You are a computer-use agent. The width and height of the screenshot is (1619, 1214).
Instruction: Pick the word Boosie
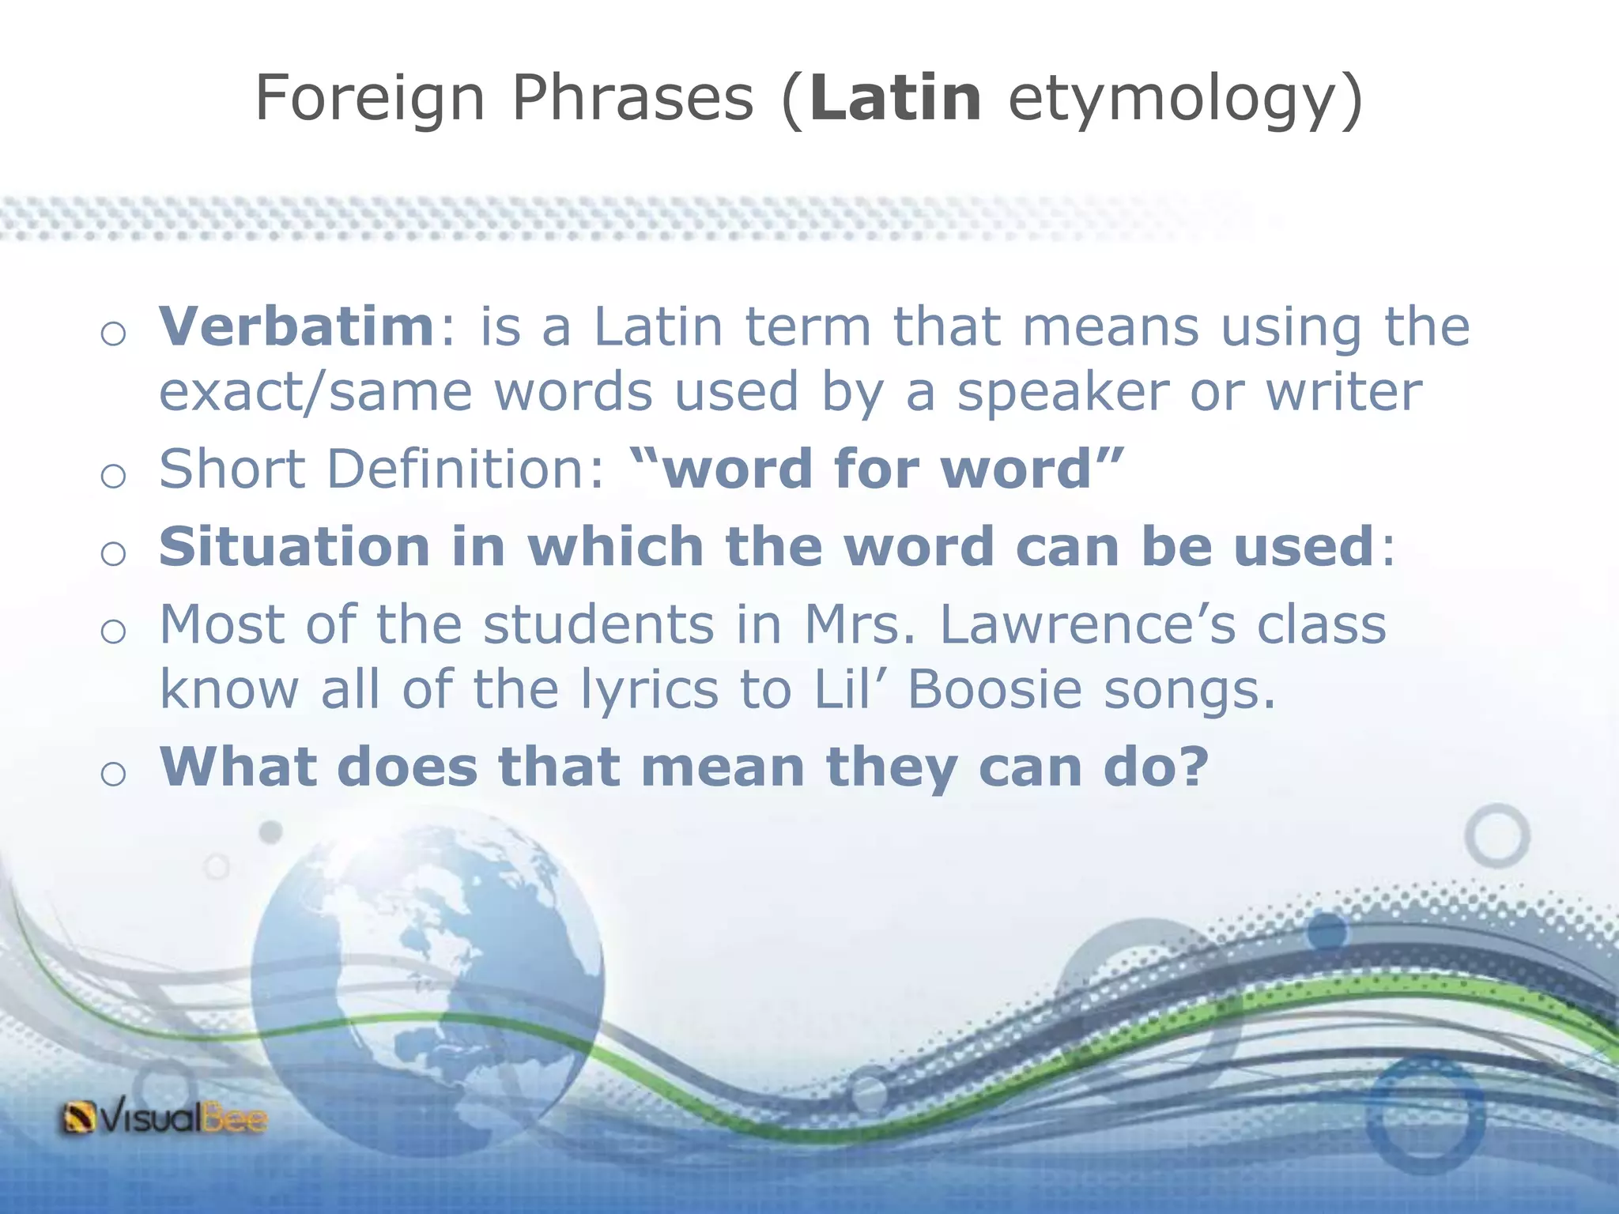pos(994,690)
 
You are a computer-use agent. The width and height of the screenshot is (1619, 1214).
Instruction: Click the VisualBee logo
pos(164,1118)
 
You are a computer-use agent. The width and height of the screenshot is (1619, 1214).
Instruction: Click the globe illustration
pos(428,980)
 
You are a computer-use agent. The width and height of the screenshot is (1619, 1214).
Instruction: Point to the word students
pos(598,624)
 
